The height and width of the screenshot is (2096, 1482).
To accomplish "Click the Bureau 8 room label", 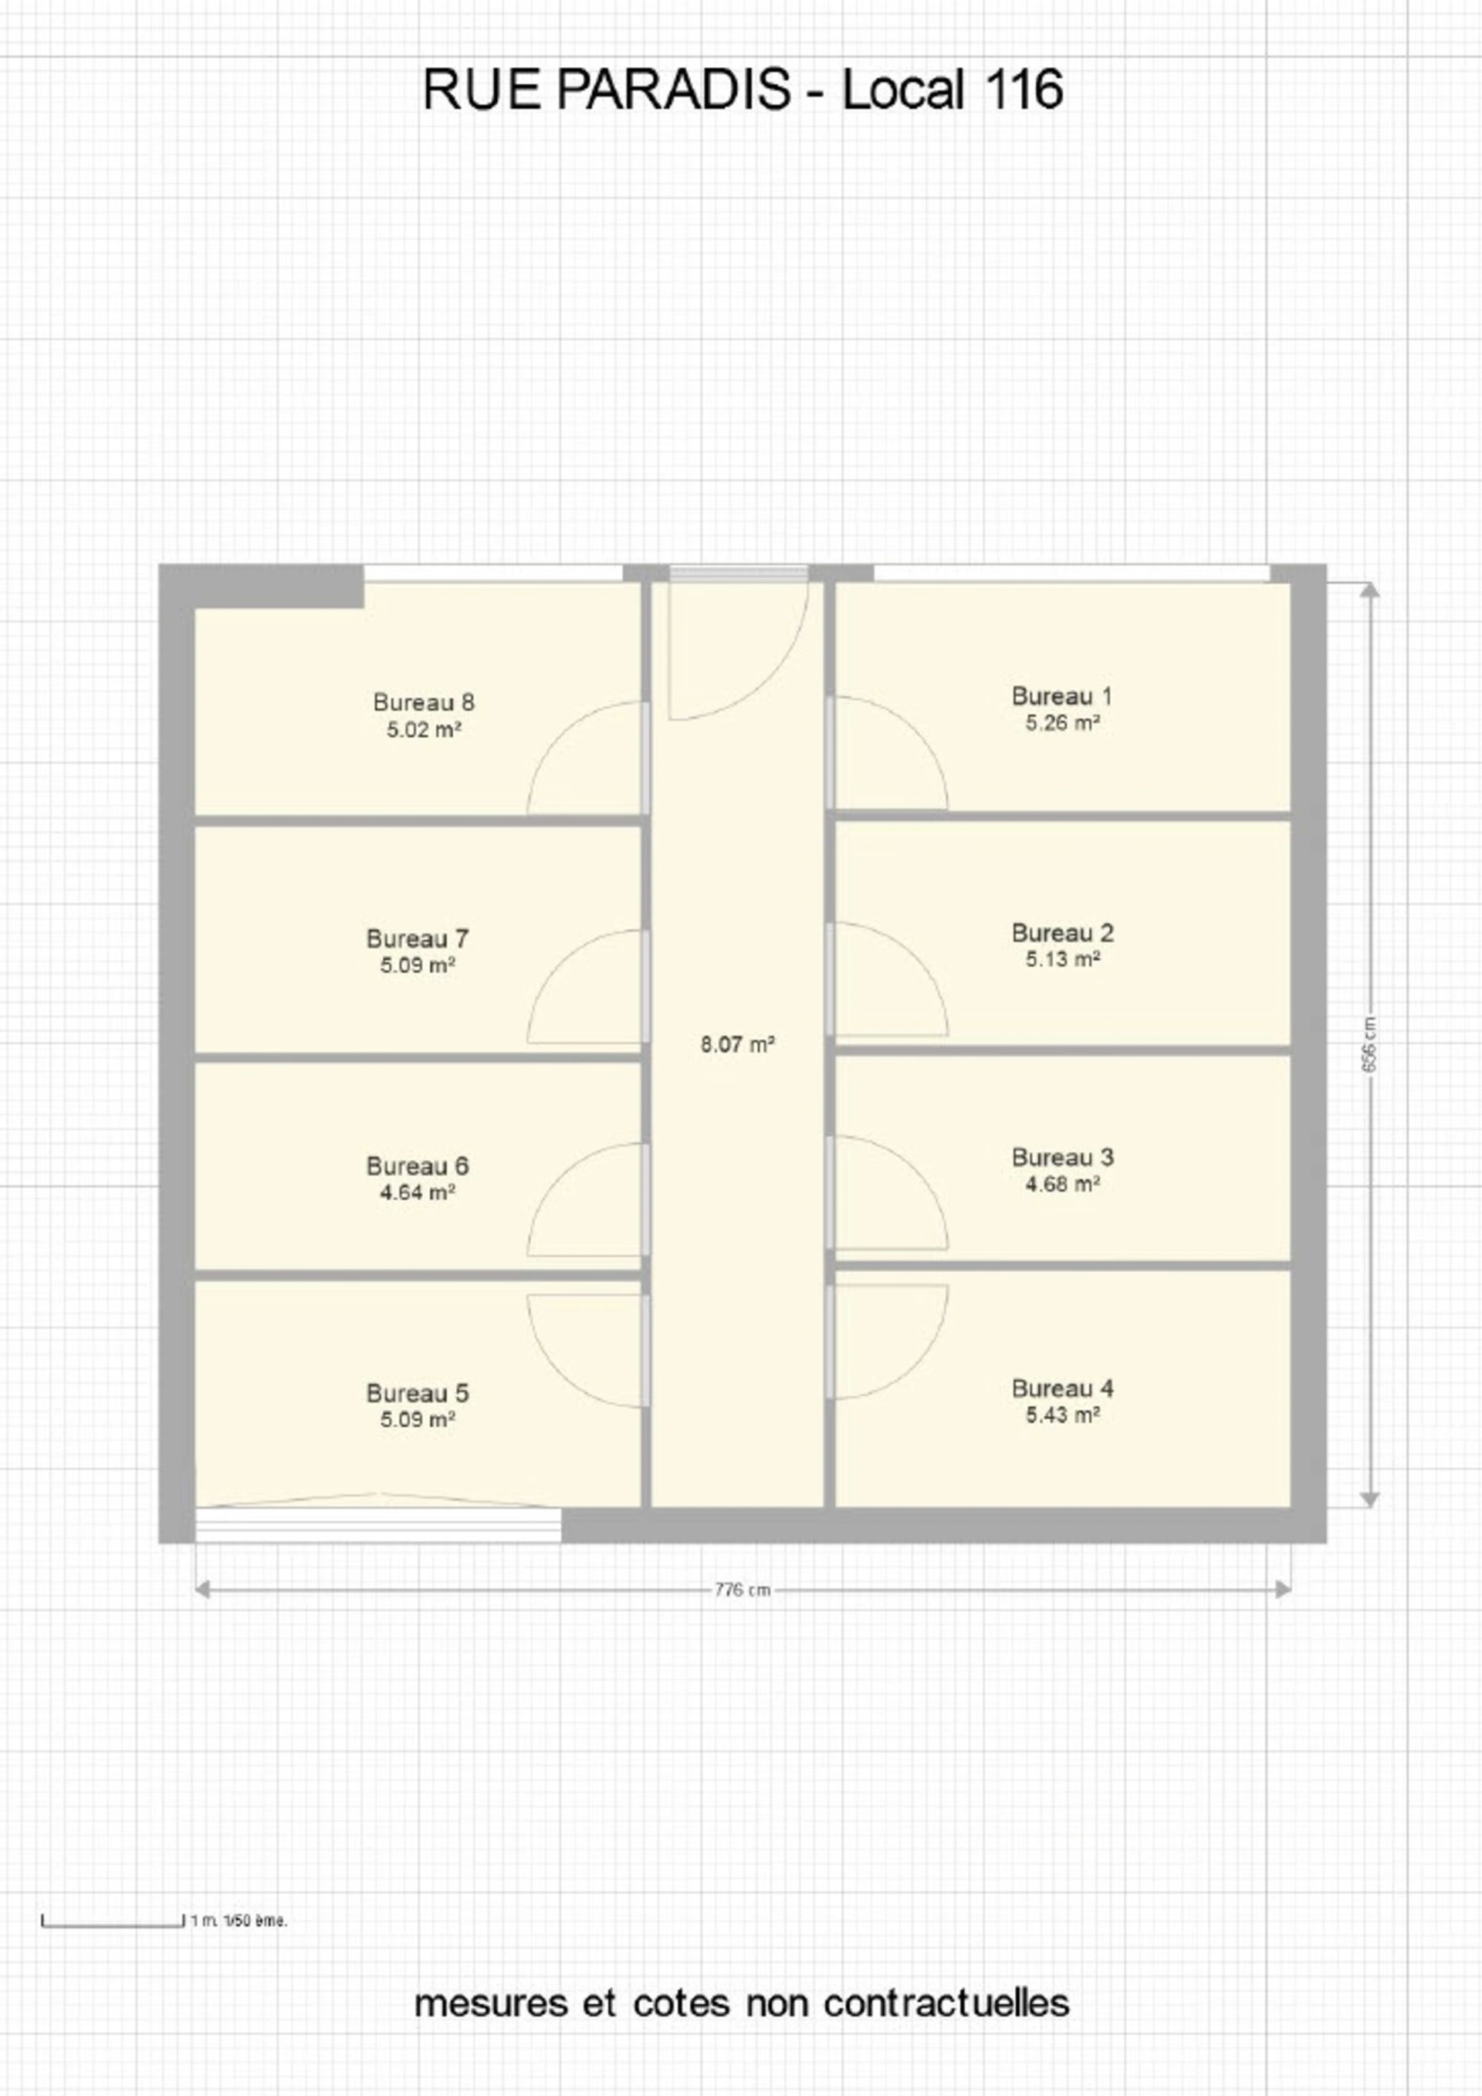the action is (424, 702).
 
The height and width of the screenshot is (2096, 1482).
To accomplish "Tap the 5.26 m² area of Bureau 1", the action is (1062, 723).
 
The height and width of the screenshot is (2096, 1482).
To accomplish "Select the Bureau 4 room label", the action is (1063, 1388).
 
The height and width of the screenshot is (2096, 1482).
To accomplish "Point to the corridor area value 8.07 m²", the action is (738, 1044).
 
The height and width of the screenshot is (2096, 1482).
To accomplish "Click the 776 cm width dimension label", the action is (743, 1589).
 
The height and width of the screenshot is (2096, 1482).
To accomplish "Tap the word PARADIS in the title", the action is (673, 90).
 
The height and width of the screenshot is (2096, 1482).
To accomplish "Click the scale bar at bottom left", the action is (113, 1921).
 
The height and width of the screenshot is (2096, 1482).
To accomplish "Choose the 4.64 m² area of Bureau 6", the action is (418, 1192).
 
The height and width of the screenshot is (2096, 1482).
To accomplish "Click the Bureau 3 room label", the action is (1063, 1158).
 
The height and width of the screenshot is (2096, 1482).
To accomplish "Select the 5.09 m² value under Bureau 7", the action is (418, 965).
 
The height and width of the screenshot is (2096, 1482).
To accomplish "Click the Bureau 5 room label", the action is (418, 1393).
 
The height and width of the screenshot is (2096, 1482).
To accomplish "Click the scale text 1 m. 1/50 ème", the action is (239, 1921).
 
